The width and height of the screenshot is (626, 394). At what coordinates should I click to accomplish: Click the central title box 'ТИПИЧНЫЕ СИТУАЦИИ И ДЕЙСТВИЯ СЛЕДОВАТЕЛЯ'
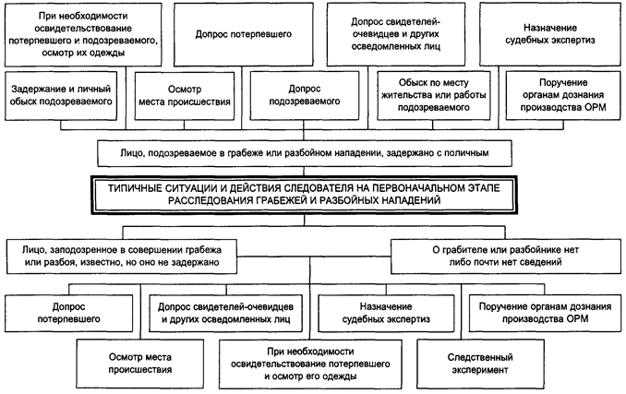point(313,192)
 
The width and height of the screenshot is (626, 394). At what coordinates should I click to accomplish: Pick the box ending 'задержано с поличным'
point(313,150)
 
